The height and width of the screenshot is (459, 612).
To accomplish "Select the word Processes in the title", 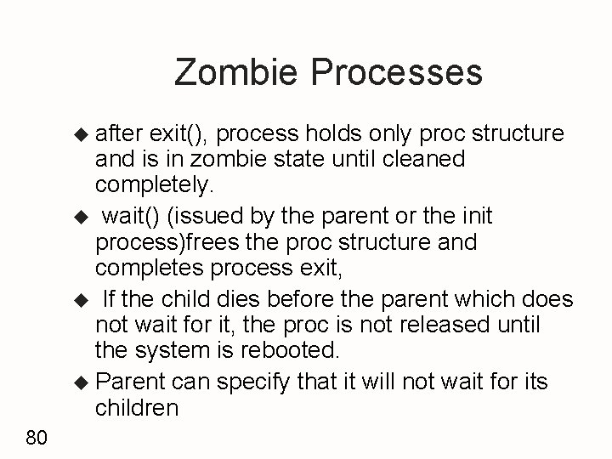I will (398, 72).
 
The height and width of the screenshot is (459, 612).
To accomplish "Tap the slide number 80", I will (37, 438).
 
